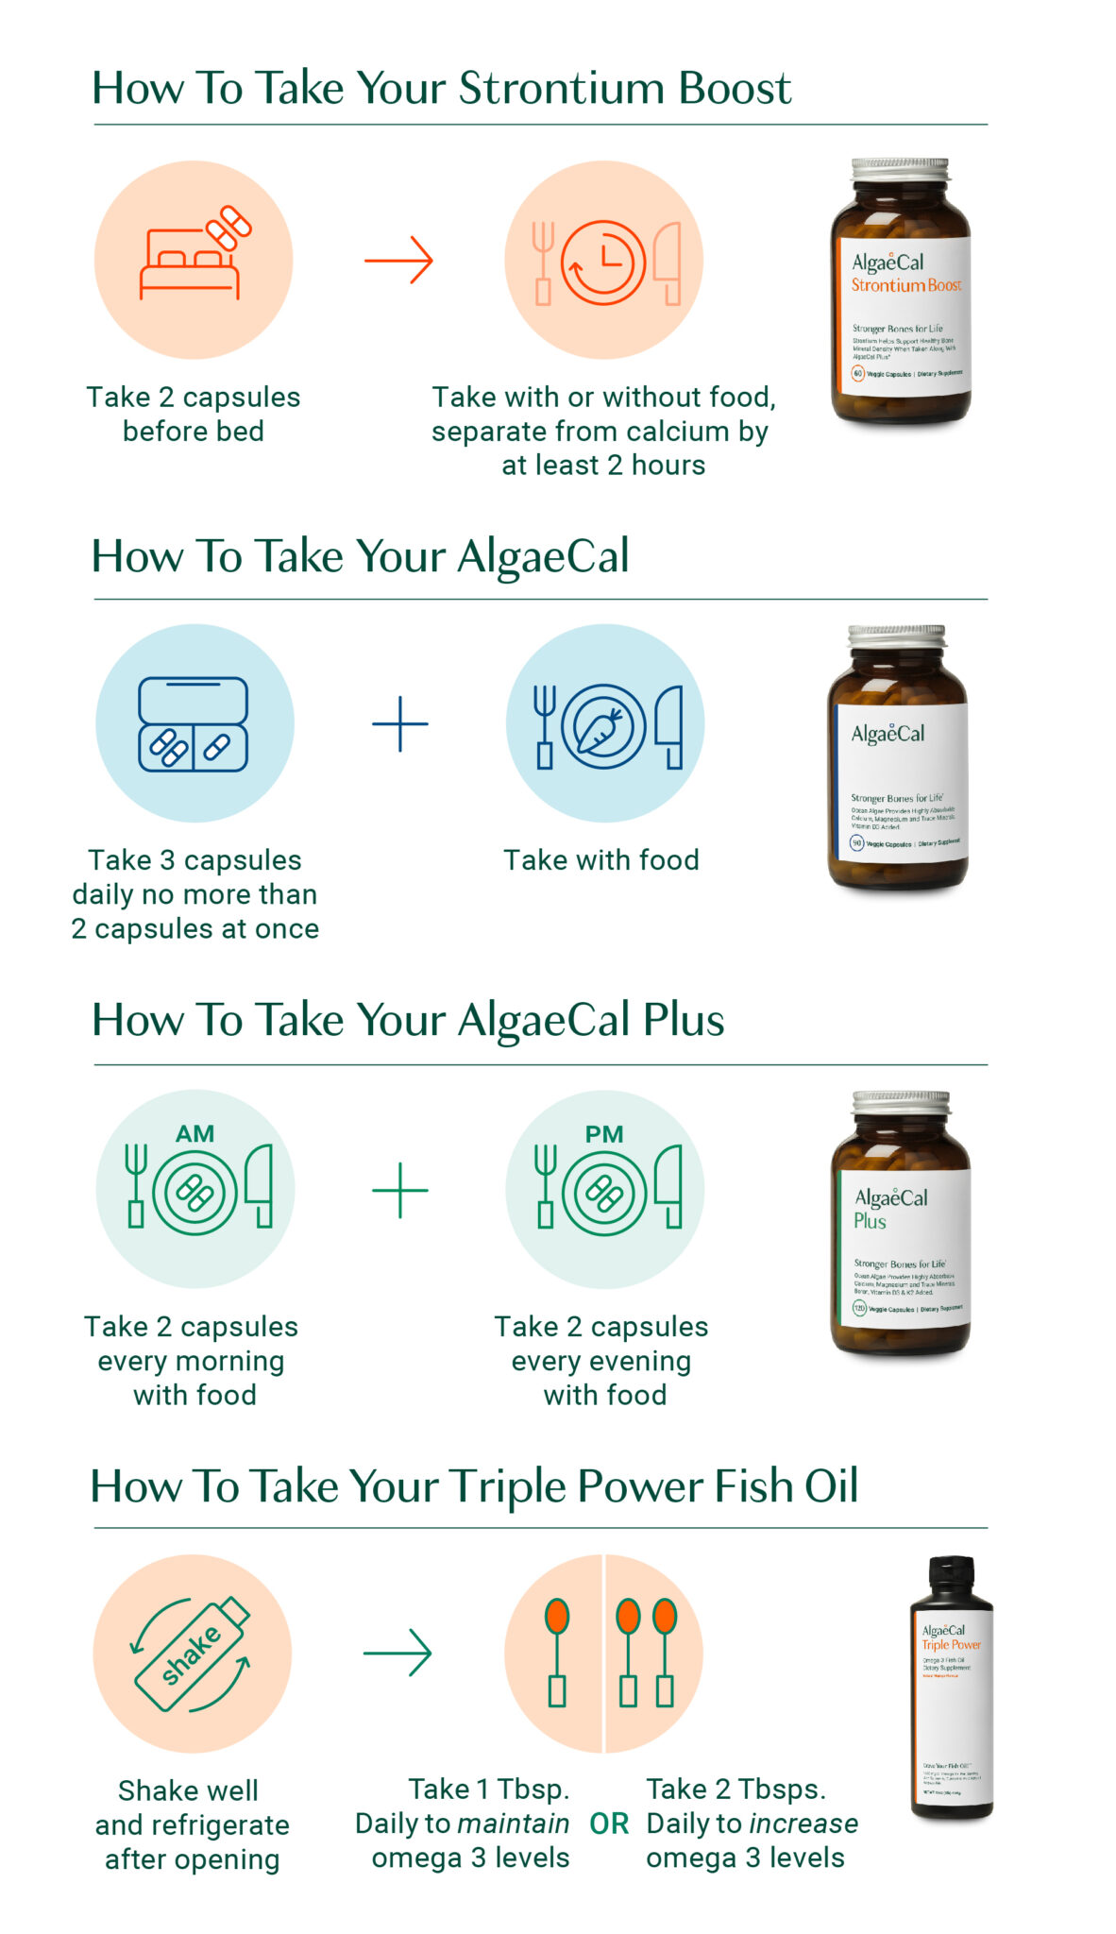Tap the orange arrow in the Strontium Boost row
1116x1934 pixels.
click(398, 260)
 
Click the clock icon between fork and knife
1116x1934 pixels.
click(603, 262)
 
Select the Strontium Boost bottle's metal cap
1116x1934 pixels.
click(900, 170)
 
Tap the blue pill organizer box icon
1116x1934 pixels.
click(194, 724)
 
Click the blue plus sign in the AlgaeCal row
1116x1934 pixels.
click(400, 724)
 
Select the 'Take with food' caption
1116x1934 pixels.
click(601, 860)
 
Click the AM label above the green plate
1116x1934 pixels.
click(194, 1134)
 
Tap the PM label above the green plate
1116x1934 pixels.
click(604, 1134)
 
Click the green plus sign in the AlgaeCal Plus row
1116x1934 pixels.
click(400, 1190)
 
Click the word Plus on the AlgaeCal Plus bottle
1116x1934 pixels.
click(870, 1221)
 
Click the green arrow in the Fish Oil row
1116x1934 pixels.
click(397, 1653)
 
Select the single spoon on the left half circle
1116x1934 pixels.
click(557, 1653)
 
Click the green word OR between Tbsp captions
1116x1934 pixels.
click(609, 1824)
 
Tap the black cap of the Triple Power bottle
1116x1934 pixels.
click(951, 1576)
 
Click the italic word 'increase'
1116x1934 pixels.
click(803, 1824)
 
